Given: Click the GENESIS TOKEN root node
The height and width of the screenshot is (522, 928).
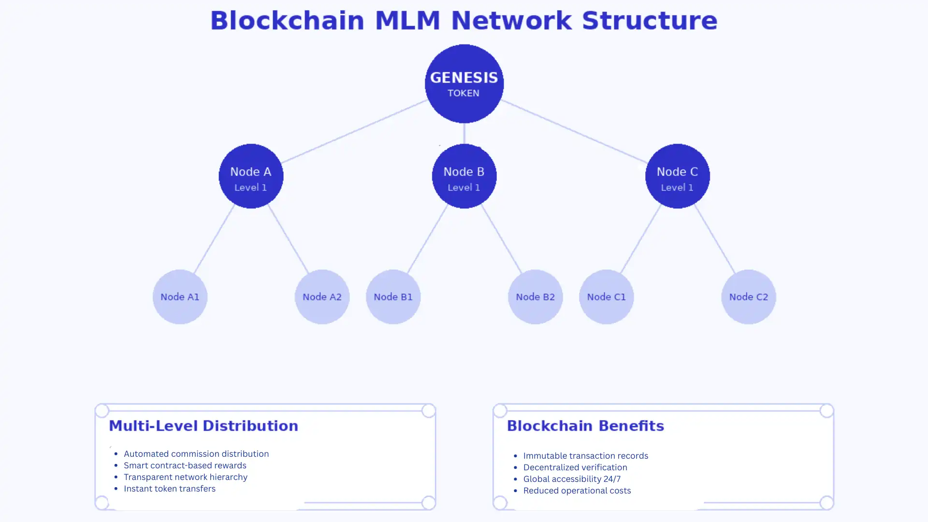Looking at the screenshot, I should tap(464, 84).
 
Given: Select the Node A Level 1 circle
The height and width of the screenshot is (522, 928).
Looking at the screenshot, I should tap(251, 176).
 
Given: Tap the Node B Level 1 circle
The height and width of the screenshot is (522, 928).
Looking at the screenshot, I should tap(464, 176).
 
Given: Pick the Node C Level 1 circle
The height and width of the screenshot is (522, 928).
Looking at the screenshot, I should tap(677, 176).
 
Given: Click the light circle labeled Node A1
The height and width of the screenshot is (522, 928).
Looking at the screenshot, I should tap(180, 297).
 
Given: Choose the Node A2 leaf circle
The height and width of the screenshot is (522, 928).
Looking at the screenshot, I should tap(322, 297).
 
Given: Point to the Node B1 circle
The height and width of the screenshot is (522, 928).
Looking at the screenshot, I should tap(393, 297).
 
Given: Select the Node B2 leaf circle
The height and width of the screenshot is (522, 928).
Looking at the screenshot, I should tap(535, 297).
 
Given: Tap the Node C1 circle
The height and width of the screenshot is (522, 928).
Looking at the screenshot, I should tap(606, 297).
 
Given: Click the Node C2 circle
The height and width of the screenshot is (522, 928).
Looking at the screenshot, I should tap(748, 297).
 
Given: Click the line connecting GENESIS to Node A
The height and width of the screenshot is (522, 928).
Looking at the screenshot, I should tap(354, 131).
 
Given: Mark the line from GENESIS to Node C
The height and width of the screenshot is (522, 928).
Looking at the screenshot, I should tap(574, 131).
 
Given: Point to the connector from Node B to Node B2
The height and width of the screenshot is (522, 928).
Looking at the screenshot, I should tap(502, 239).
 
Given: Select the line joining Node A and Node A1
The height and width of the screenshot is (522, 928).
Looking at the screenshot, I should tap(214, 239).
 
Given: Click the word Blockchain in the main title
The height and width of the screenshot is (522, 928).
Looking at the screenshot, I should tap(287, 21).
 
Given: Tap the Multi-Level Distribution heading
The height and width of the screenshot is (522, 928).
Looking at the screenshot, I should tap(203, 426).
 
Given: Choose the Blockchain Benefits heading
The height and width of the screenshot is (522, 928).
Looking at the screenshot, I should tap(585, 426).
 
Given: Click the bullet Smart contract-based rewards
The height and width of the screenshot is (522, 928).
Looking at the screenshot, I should tap(185, 465).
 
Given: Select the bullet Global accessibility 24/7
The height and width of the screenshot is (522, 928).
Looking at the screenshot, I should tap(572, 479).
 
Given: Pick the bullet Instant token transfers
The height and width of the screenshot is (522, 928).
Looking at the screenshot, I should tap(170, 489).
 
